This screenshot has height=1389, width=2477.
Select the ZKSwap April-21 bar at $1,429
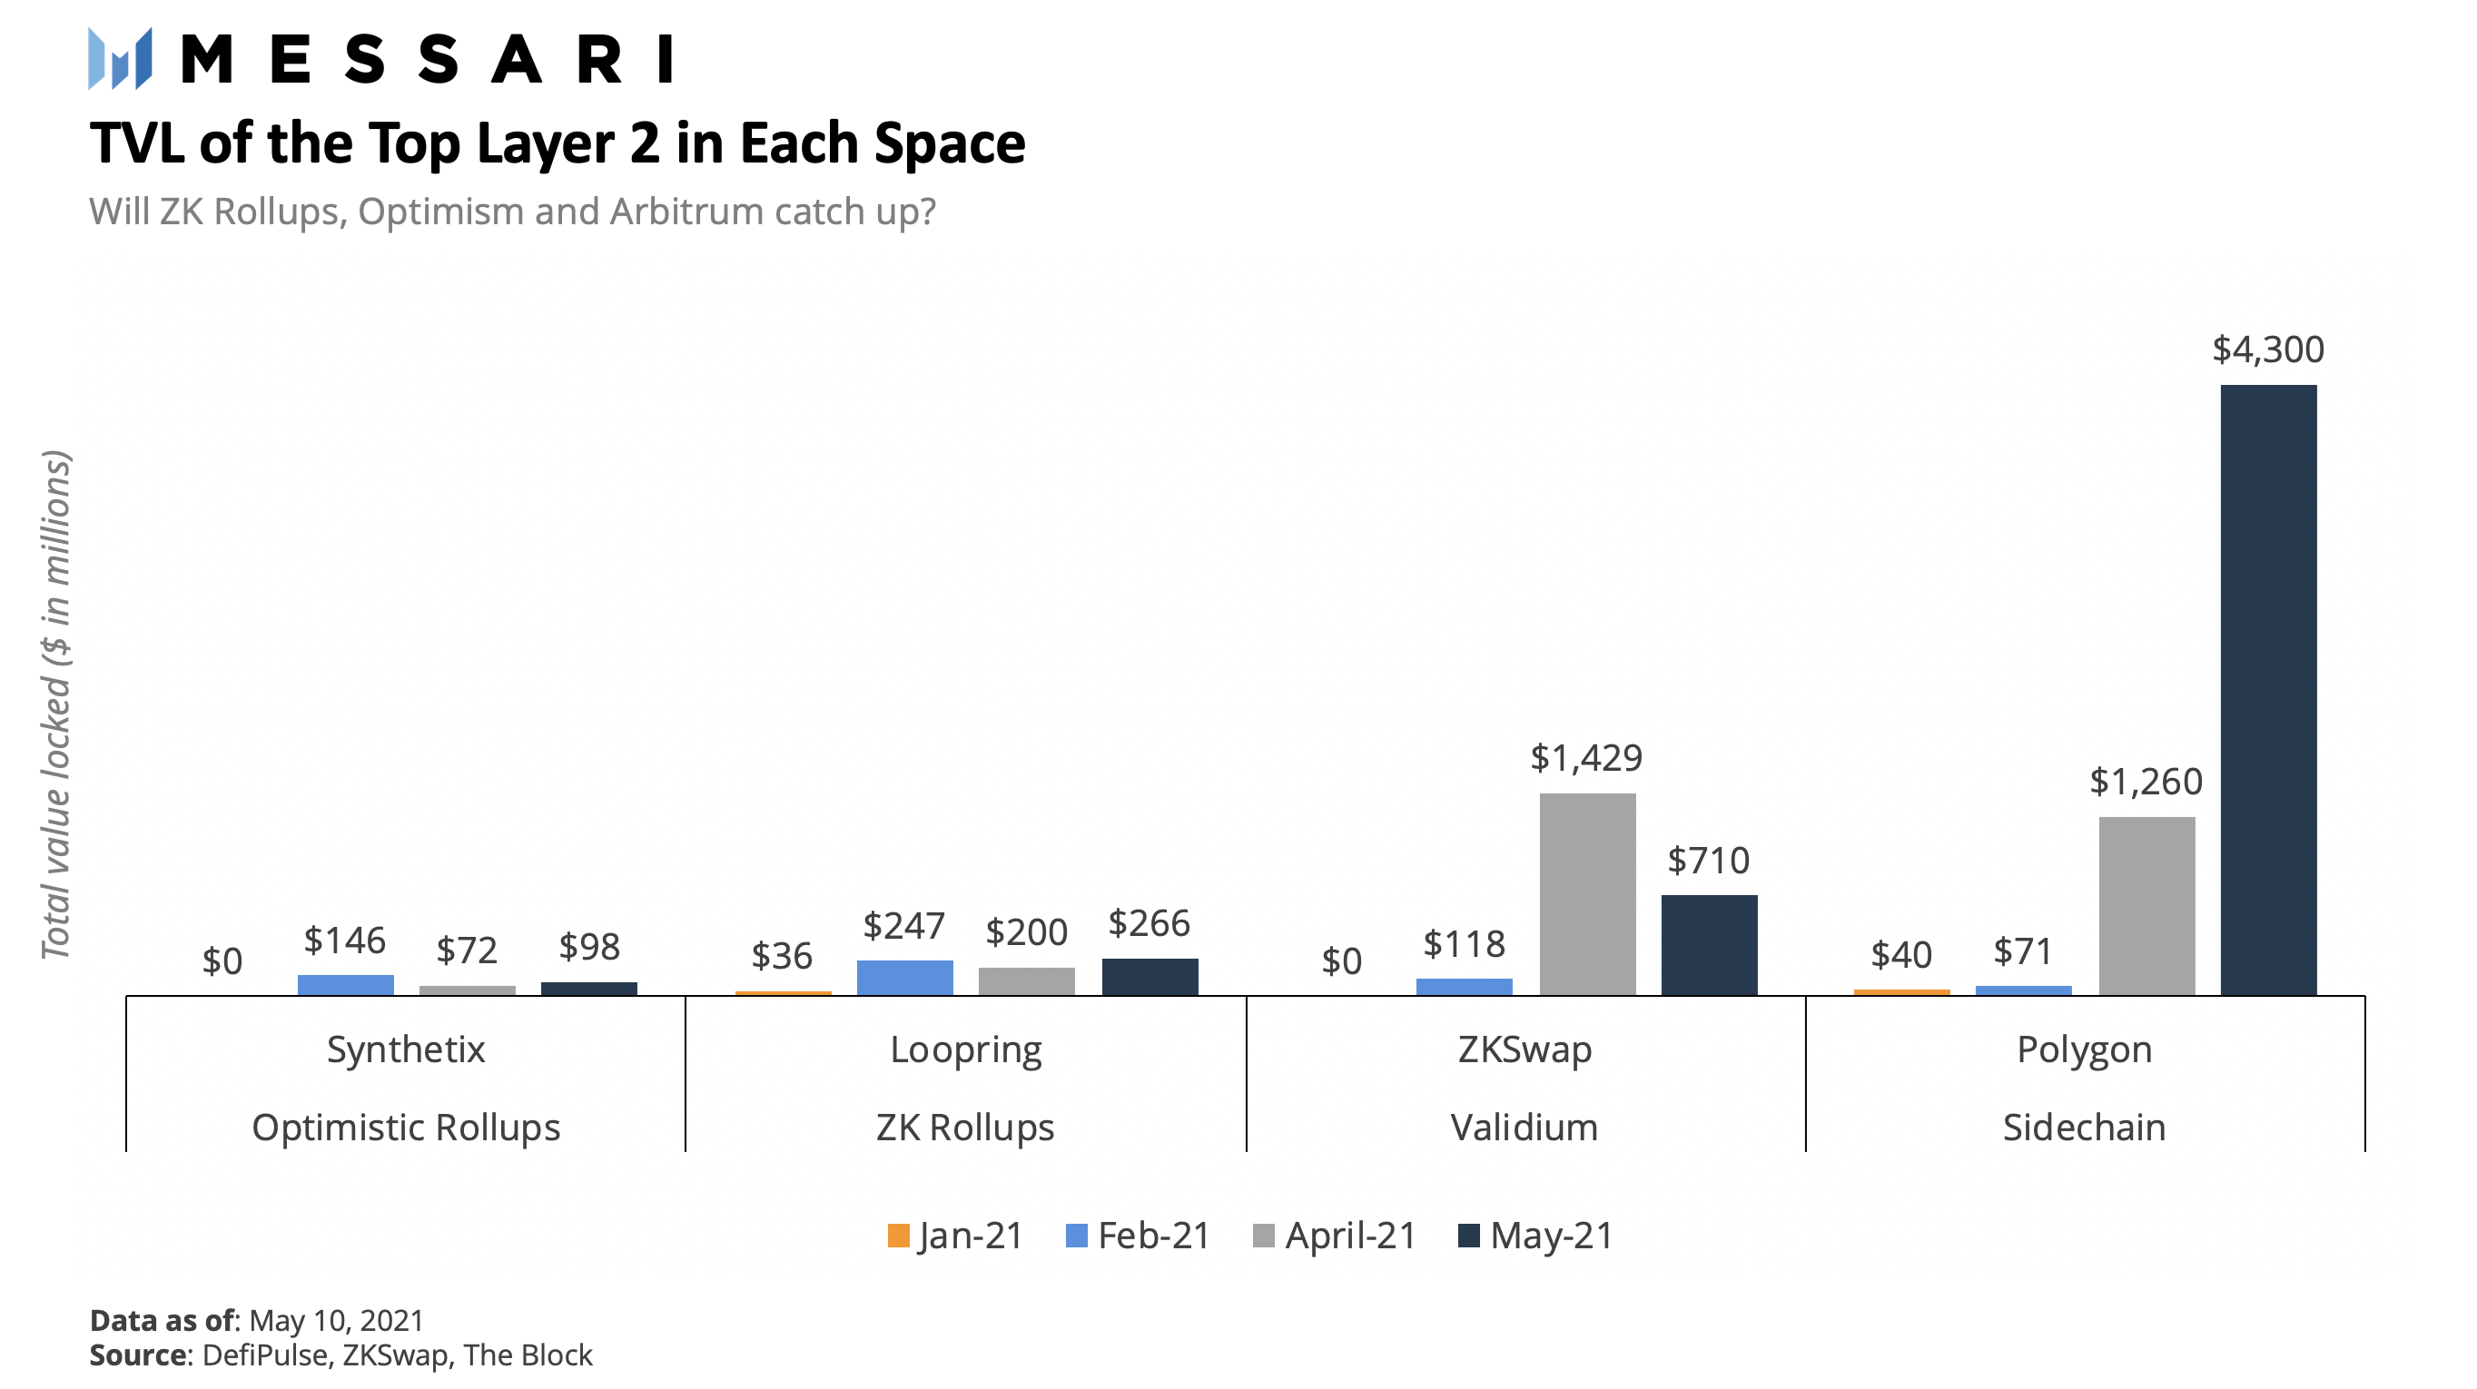coord(1586,893)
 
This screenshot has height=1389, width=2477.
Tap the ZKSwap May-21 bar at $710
coord(1709,944)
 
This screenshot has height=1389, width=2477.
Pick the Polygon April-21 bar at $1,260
coord(2146,904)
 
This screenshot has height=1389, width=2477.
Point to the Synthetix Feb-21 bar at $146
coord(345,984)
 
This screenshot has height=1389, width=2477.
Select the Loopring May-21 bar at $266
coord(1150,976)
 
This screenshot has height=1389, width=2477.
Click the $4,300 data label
coord(2267,349)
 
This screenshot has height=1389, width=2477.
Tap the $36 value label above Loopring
coord(781,955)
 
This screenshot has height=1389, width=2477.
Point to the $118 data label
coord(1464,944)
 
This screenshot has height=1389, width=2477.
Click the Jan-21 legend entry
coord(956,1236)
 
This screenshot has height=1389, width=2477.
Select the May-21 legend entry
coord(1535,1236)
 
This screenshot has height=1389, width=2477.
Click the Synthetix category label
coord(406,1049)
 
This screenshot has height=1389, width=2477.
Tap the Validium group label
coord(1525,1127)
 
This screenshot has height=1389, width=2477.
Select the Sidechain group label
coord(2084,1127)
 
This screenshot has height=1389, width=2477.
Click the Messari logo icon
coord(120,59)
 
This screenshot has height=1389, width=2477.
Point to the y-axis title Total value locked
coord(55,704)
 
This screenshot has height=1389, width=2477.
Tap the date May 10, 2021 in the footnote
coord(336,1321)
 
